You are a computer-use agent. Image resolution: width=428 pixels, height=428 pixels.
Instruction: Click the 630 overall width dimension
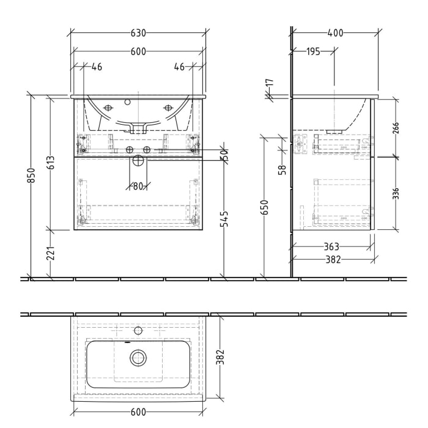click(138, 33)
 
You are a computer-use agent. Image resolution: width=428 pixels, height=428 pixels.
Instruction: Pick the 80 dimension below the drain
click(138, 186)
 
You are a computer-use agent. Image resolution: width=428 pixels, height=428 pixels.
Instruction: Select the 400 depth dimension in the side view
click(335, 33)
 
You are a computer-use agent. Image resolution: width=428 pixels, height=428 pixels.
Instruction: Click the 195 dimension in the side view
click(312, 51)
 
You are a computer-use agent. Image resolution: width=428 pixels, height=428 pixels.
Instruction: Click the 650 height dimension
click(264, 208)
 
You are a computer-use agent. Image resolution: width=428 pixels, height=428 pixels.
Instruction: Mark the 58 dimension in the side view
click(282, 169)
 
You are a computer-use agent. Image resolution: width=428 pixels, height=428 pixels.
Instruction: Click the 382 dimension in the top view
click(221, 356)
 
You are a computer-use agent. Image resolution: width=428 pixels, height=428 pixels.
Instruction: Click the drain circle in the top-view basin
click(138, 358)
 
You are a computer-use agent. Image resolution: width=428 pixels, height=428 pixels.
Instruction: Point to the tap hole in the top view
click(138, 331)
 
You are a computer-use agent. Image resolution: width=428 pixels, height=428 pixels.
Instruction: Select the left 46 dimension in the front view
click(97, 67)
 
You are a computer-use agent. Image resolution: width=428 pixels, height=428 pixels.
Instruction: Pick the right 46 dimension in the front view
click(179, 67)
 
